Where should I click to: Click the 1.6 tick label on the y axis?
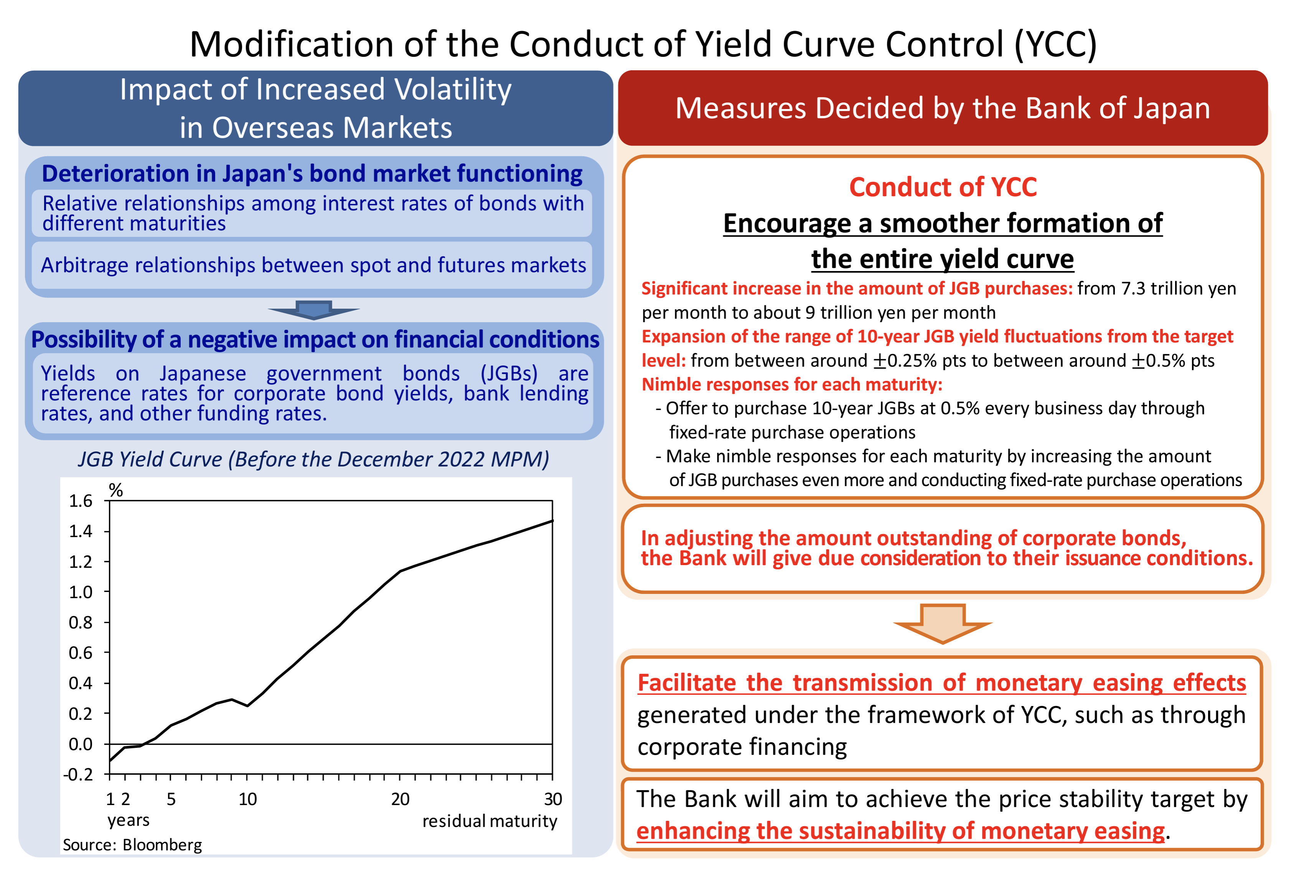tap(81, 501)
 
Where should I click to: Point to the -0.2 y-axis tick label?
tap(78, 774)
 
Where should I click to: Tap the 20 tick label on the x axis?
tap(400, 799)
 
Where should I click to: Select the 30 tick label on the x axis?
tap(552, 799)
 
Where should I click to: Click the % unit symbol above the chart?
tap(116, 490)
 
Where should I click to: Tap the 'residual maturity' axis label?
tap(489, 821)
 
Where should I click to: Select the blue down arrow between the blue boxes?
tap(314, 310)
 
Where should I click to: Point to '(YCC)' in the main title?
tap(1055, 45)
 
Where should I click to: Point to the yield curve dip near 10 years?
tap(247, 705)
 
